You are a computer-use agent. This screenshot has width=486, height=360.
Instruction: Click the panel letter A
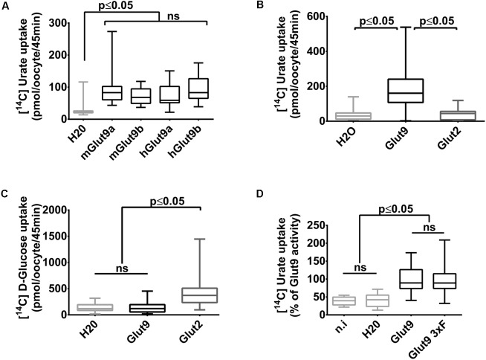6,7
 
